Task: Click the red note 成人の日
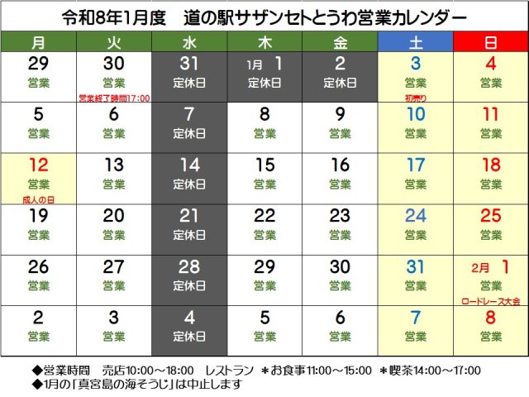coord(38,199)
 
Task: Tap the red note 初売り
coord(415,98)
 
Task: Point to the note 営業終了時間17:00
coord(114,98)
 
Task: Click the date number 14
coord(188,165)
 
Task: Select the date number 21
coord(188,215)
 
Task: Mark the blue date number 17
coord(415,165)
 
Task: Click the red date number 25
coord(490,215)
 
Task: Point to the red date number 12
coord(38,165)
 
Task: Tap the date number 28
coord(188,265)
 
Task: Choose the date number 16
coord(340,165)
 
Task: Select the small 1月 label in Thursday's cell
coord(255,65)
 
